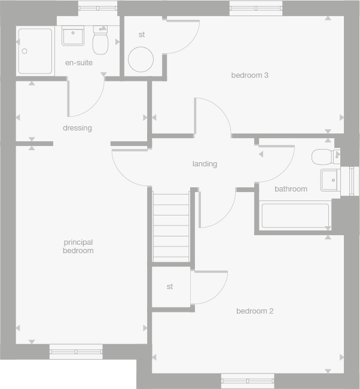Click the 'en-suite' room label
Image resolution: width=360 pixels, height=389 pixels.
[79, 63]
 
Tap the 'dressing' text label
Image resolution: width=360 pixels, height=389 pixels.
[77, 128]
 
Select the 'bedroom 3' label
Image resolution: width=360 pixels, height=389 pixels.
[250, 75]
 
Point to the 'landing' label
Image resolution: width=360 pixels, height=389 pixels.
[205, 164]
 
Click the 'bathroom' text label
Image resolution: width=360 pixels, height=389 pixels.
[291, 189]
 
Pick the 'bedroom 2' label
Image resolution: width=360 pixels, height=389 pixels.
[255, 311]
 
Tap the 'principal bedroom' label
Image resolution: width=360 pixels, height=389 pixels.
[78, 247]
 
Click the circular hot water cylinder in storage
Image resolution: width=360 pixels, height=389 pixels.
[141, 59]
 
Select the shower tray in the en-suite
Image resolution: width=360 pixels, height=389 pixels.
[35, 51]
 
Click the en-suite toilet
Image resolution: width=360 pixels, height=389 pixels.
[100, 40]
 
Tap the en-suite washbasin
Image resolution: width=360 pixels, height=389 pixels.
[73, 36]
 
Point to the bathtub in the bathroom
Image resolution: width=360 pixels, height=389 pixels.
[295, 215]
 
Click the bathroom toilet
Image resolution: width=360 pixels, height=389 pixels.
[326, 157]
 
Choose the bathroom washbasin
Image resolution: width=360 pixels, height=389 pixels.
[330, 180]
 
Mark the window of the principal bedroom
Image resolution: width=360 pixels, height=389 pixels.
[76, 352]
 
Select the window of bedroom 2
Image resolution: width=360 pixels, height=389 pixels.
[248, 381]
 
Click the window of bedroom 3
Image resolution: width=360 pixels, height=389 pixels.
[256, 8]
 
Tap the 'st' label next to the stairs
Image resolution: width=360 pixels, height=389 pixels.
[170, 287]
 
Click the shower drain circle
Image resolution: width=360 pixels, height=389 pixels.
[25, 51]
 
